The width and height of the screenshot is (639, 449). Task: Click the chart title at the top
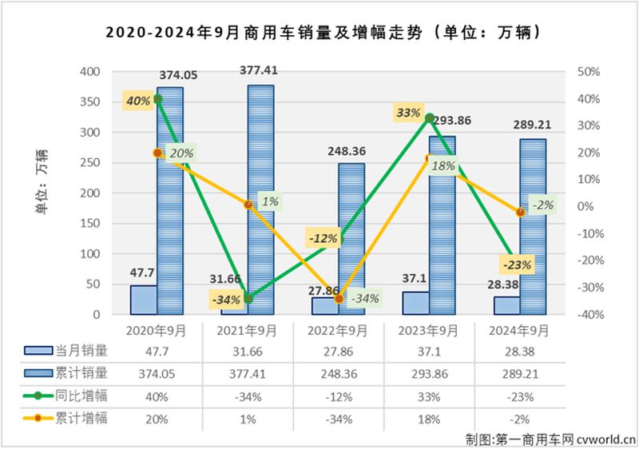(319, 34)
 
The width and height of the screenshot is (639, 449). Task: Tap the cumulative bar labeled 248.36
(351, 239)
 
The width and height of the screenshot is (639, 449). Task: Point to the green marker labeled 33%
(430, 118)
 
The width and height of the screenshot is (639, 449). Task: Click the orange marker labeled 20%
(157, 153)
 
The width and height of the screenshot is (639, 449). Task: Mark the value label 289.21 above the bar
(530, 125)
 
